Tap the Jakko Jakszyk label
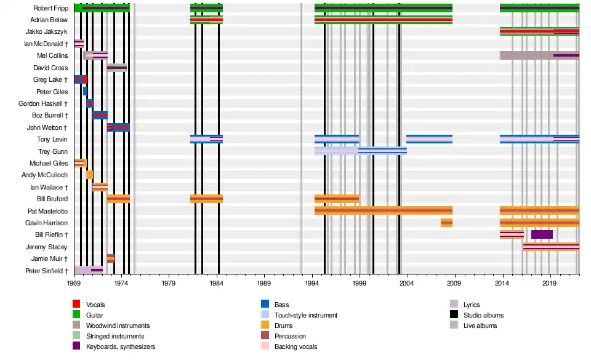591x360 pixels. pyautogui.click(x=47, y=32)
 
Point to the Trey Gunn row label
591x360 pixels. pyautogui.click(x=53, y=151)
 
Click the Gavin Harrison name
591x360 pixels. pyautogui.click(x=47, y=223)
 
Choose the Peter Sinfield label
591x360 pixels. pyautogui.click(x=44, y=271)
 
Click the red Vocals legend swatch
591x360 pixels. pyautogui.click(x=76, y=305)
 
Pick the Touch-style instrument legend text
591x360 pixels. pyautogui.click(x=306, y=315)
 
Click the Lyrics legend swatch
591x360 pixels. pyautogui.click(x=454, y=305)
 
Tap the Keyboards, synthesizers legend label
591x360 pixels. pyautogui.click(x=121, y=346)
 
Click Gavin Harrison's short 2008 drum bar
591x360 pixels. pyautogui.click(x=446, y=223)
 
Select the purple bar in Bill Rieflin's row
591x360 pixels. pyautogui.click(x=542, y=234)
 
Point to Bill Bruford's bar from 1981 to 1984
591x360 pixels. pyautogui.click(x=206, y=199)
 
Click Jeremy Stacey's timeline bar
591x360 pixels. pyautogui.click(x=551, y=247)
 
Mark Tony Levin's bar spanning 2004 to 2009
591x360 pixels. pyautogui.click(x=429, y=139)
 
